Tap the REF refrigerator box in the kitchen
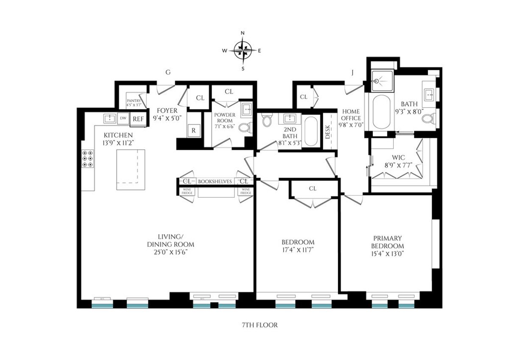tap(138, 119)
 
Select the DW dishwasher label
tap(123, 118)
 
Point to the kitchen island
tap(131, 169)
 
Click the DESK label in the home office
tap(328, 133)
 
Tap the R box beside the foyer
tap(194, 130)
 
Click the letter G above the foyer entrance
tap(168, 73)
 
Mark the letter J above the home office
tap(352, 73)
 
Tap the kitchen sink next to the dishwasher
tap(110, 118)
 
